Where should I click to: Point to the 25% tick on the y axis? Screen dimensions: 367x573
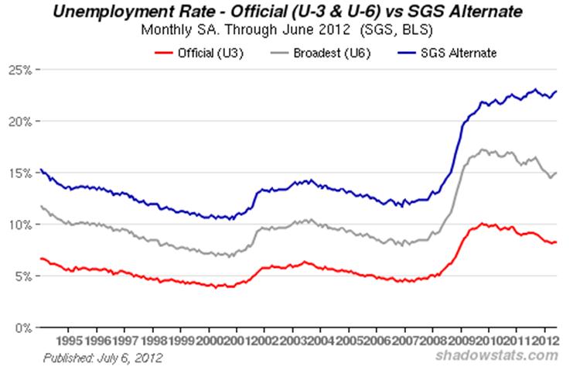pyautogui.click(x=19, y=70)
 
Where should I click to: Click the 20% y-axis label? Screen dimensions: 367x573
pyautogui.click(x=19, y=122)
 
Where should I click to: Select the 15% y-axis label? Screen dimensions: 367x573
pyautogui.click(x=19, y=173)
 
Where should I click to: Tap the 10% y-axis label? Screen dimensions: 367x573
pyautogui.click(x=19, y=225)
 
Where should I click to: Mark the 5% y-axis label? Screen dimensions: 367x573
pyautogui.click(x=21, y=276)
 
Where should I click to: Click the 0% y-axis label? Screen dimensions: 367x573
pyautogui.click(x=21, y=327)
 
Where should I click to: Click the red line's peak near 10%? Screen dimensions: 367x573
pyautogui.click(x=483, y=224)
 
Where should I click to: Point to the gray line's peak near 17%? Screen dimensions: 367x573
pyautogui.click(x=483, y=149)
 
